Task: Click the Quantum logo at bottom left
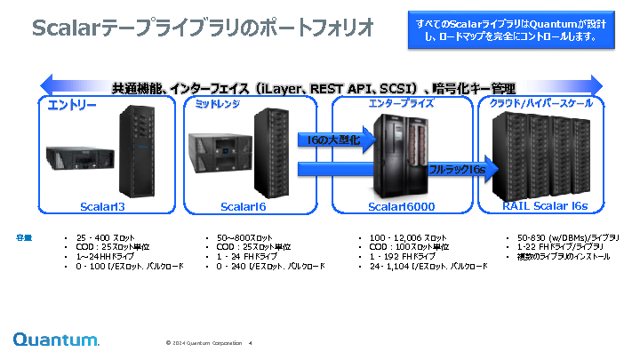pyautogui.click(x=56, y=340)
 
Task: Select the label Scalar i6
pyautogui.click(x=244, y=206)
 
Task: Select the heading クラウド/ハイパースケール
pyautogui.click(x=541, y=103)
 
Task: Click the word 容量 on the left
pyautogui.click(x=24, y=237)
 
